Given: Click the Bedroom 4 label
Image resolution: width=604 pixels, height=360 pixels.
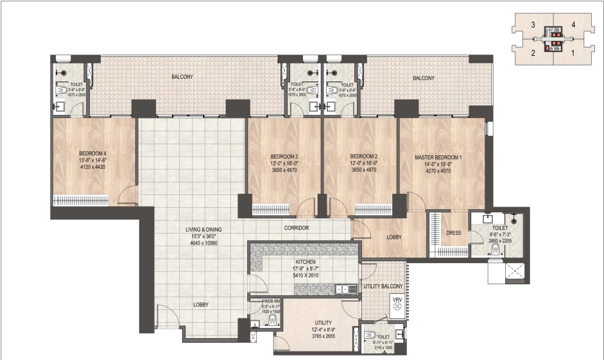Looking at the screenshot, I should coord(92,153).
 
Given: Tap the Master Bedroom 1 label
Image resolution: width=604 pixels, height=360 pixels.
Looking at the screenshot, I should coord(438,157).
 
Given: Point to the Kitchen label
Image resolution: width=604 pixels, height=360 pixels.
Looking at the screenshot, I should coord(305,262).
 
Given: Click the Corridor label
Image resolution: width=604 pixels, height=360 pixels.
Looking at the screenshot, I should coord(296,228).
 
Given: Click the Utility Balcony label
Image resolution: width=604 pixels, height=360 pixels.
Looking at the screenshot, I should coord(383,286).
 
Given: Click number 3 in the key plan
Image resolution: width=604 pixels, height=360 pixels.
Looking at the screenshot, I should coord(533,25).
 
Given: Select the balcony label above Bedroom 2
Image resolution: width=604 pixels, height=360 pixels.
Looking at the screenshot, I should coord(423,78).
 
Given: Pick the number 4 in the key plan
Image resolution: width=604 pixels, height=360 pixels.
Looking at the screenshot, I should coord(573,25).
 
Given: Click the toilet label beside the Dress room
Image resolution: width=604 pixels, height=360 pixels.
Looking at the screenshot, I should coord(499,227).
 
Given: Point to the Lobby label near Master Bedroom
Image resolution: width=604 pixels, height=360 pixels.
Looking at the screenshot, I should coord(393,237).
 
